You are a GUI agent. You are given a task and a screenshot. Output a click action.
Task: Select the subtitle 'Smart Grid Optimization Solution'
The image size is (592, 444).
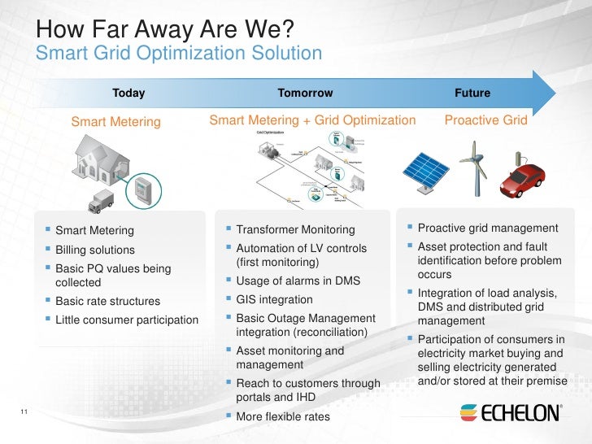(180, 54)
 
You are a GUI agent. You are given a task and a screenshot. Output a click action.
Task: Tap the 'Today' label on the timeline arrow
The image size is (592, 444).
(128, 93)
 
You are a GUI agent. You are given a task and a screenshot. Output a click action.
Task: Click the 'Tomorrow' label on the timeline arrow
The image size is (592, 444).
(305, 93)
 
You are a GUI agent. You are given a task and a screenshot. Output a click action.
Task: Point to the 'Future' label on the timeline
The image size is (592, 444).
(472, 93)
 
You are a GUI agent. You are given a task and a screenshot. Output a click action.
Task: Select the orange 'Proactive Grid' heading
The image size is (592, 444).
(485, 120)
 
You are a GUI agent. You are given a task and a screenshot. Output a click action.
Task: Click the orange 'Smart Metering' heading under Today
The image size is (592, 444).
(116, 122)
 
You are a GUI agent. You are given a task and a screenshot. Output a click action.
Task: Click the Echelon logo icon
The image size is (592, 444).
(469, 412)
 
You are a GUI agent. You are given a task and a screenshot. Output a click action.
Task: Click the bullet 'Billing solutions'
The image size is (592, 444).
(94, 250)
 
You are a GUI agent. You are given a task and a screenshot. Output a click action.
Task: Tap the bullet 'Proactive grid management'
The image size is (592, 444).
(487, 228)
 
